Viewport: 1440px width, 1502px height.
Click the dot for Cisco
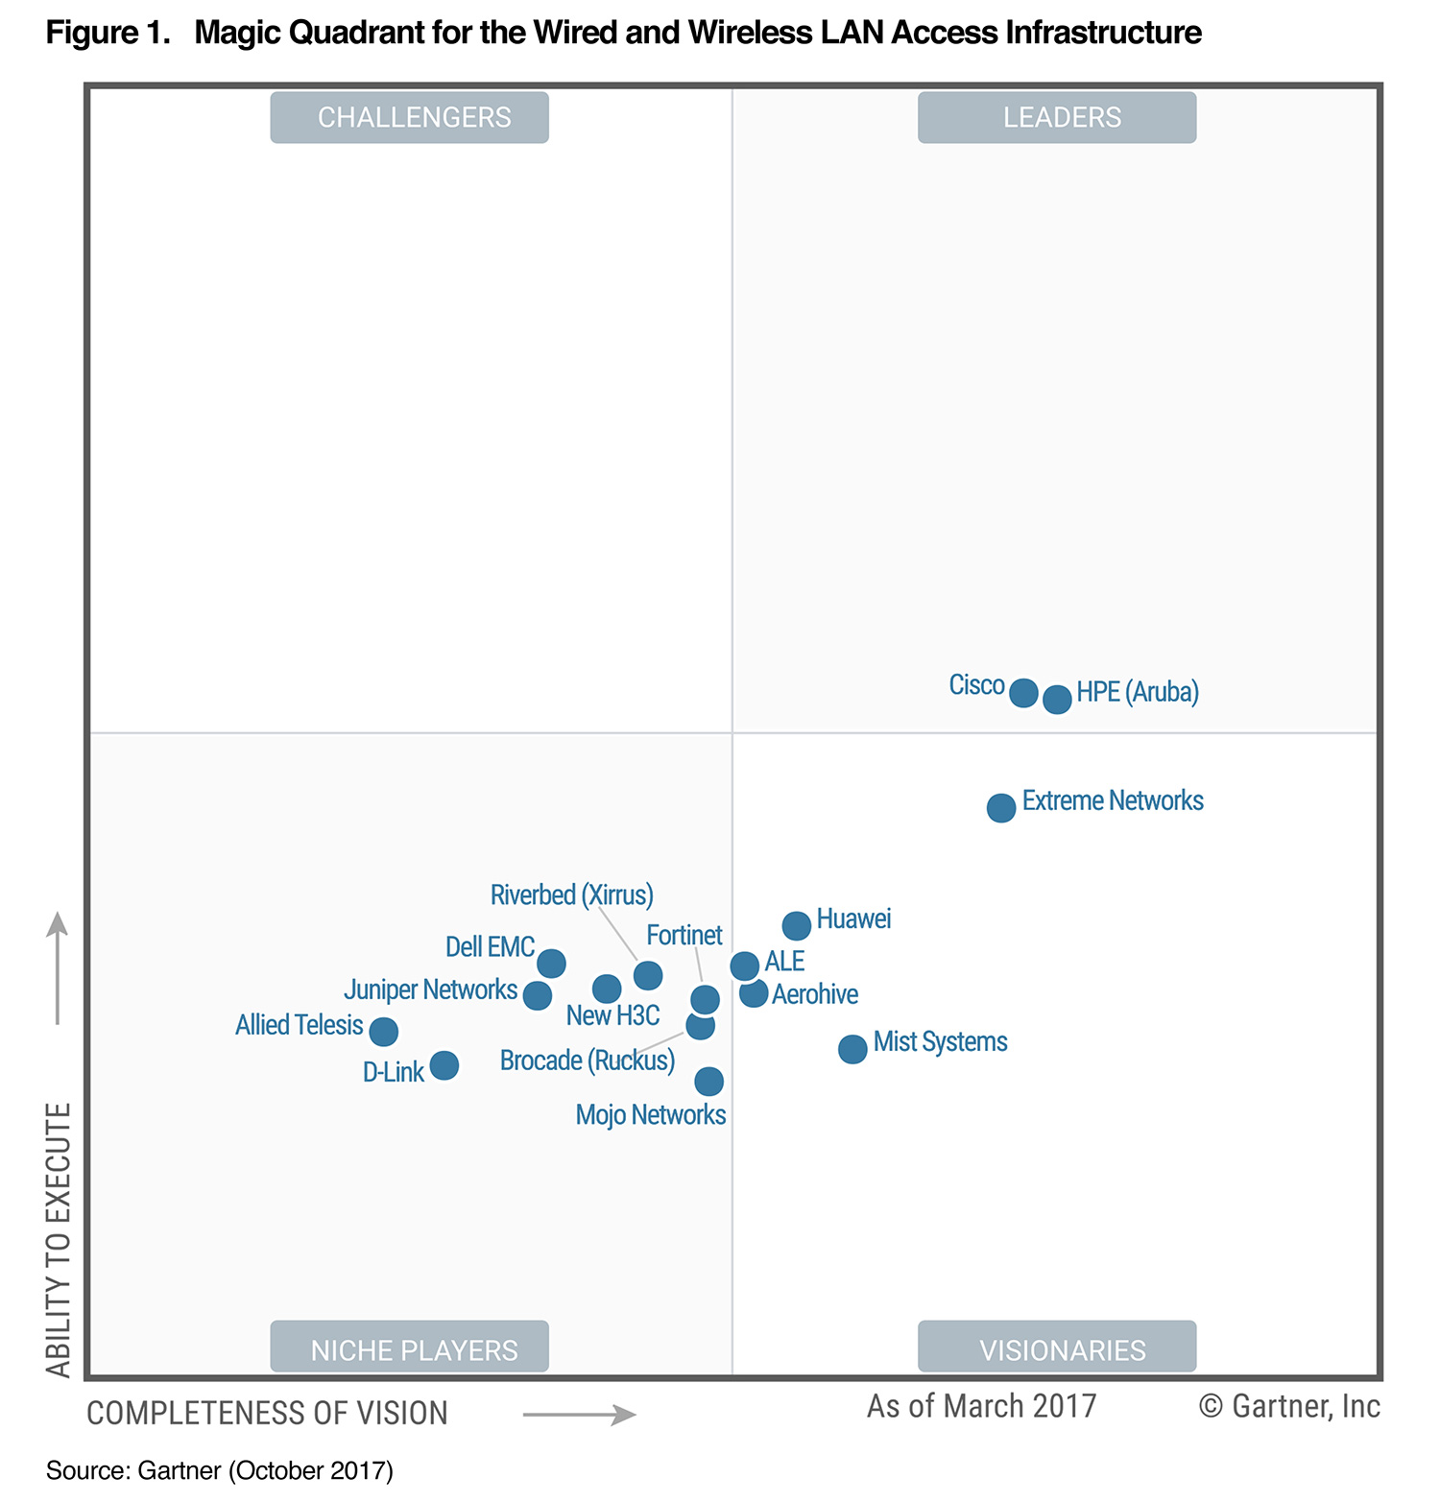pyautogui.click(x=1023, y=692)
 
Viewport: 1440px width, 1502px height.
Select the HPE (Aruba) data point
pyautogui.click(x=1057, y=699)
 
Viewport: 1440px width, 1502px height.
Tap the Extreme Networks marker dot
pyautogui.click(x=1001, y=808)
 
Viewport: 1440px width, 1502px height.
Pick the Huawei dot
pyautogui.click(x=796, y=926)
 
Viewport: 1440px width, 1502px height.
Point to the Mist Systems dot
pyautogui.click(x=852, y=1049)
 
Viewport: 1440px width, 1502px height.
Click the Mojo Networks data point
pyautogui.click(x=708, y=1082)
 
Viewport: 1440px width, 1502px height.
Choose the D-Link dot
pyautogui.click(x=444, y=1065)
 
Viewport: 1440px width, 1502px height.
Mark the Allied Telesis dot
pyautogui.click(x=384, y=1032)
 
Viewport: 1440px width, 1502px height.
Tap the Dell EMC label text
pyautogui.click(x=490, y=947)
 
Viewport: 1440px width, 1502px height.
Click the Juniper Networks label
pyautogui.click(x=430, y=989)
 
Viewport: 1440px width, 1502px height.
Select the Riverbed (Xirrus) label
pyautogui.click(x=571, y=895)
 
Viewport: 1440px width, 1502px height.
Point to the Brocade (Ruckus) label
pyautogui.click(x=587, y=1061)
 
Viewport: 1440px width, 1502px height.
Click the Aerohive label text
pyautogui.click(x=815, y=994)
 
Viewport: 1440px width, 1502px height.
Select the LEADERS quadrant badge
pyautogui.click(x=1057, y=117)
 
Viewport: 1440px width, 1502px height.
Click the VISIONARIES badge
pyautogui.click(x=1057, y=1347)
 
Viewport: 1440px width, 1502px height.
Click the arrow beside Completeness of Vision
pyautogui.click(x=579, y=1415)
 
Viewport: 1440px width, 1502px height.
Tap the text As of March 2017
pyautogui.click(x=981, y=1406)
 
